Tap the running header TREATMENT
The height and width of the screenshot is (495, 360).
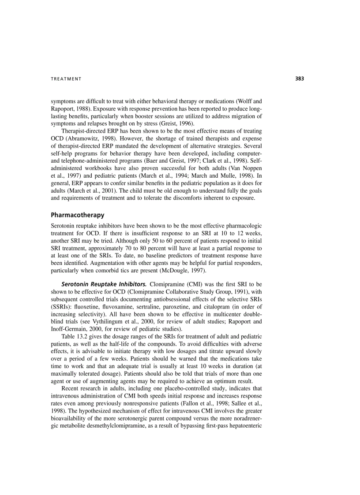pos(66,79)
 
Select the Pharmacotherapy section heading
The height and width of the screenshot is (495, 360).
pos(78,215)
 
